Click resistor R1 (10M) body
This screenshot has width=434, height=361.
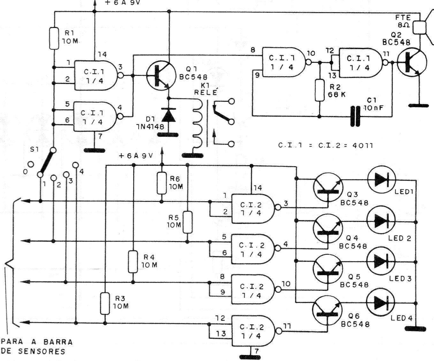click(54, 38)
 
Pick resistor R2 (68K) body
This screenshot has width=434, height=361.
click(320, 90)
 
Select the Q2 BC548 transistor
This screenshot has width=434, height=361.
click(412, 62)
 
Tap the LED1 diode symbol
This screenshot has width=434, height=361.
click(381, 180)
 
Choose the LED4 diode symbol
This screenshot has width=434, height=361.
click(380, 302)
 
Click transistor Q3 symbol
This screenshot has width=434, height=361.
click(328, 187)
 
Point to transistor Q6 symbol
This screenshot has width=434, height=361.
click(327, 311)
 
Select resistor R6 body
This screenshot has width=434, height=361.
click(162, 183)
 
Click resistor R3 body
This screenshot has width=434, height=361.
click(105, 304)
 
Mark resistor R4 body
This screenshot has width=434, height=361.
click(133, 262)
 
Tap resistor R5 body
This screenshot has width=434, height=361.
click(187, 222)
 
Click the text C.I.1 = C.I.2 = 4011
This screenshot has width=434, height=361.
click(325, 145)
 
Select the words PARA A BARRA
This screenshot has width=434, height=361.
click(37, 342)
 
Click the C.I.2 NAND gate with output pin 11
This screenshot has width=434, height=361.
click(253, 331)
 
